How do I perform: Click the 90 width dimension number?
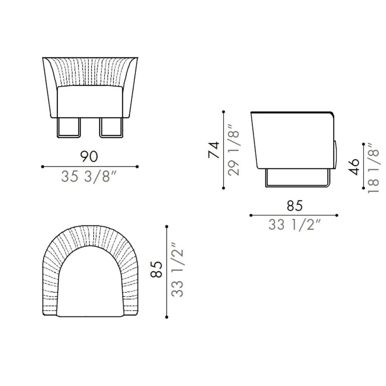pos(89,157)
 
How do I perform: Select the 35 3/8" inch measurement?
pos(89,176)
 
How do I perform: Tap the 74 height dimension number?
pos(214,150)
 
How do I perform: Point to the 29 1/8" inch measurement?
pos(234,150)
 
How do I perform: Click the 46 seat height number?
pos(354,167)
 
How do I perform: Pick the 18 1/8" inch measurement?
pos(373,168)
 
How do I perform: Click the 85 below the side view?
pos(295,206)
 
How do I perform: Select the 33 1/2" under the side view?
pos(295,225)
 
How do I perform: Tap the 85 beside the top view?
pos(157,269)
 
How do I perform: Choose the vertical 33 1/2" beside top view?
pos(177,269)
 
